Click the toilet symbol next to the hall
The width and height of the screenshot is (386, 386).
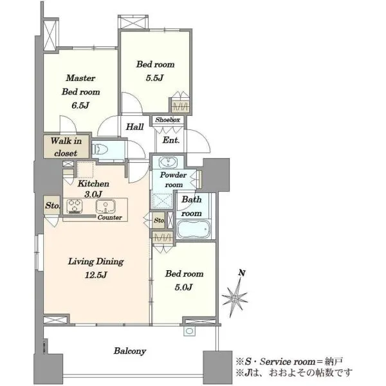tap(100, 149)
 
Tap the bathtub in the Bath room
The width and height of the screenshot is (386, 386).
tap(194, 230)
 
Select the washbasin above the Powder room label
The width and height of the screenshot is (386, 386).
tap(168, 163)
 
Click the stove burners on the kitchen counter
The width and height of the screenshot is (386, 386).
tap(75, 207)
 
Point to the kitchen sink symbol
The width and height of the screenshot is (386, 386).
tap(106, 207)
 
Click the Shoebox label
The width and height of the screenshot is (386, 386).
tap(168, 120)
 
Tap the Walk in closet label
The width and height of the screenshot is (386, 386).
tap(66, 147)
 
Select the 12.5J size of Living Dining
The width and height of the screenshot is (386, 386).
tap(96, 275)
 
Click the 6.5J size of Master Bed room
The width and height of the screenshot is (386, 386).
tap(80, 106)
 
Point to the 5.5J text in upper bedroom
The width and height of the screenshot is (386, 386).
tap(154, 78)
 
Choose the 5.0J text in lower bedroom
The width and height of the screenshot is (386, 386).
tap(183, 287)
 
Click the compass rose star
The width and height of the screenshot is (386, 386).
tap(235, 298)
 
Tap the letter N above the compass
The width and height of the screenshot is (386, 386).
tap(242, 273)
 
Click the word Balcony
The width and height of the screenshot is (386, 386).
tap(130, 351)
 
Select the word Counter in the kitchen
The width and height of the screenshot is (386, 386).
tap(110, 217)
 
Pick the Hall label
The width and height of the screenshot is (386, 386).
tap(135, 127)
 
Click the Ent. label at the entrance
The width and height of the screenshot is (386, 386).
tap(171, 140)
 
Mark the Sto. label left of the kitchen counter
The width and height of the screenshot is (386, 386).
tap(53, 205)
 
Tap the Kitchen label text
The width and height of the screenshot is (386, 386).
tap(93, 183)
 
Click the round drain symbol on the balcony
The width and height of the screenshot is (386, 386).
tap(189, 331)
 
